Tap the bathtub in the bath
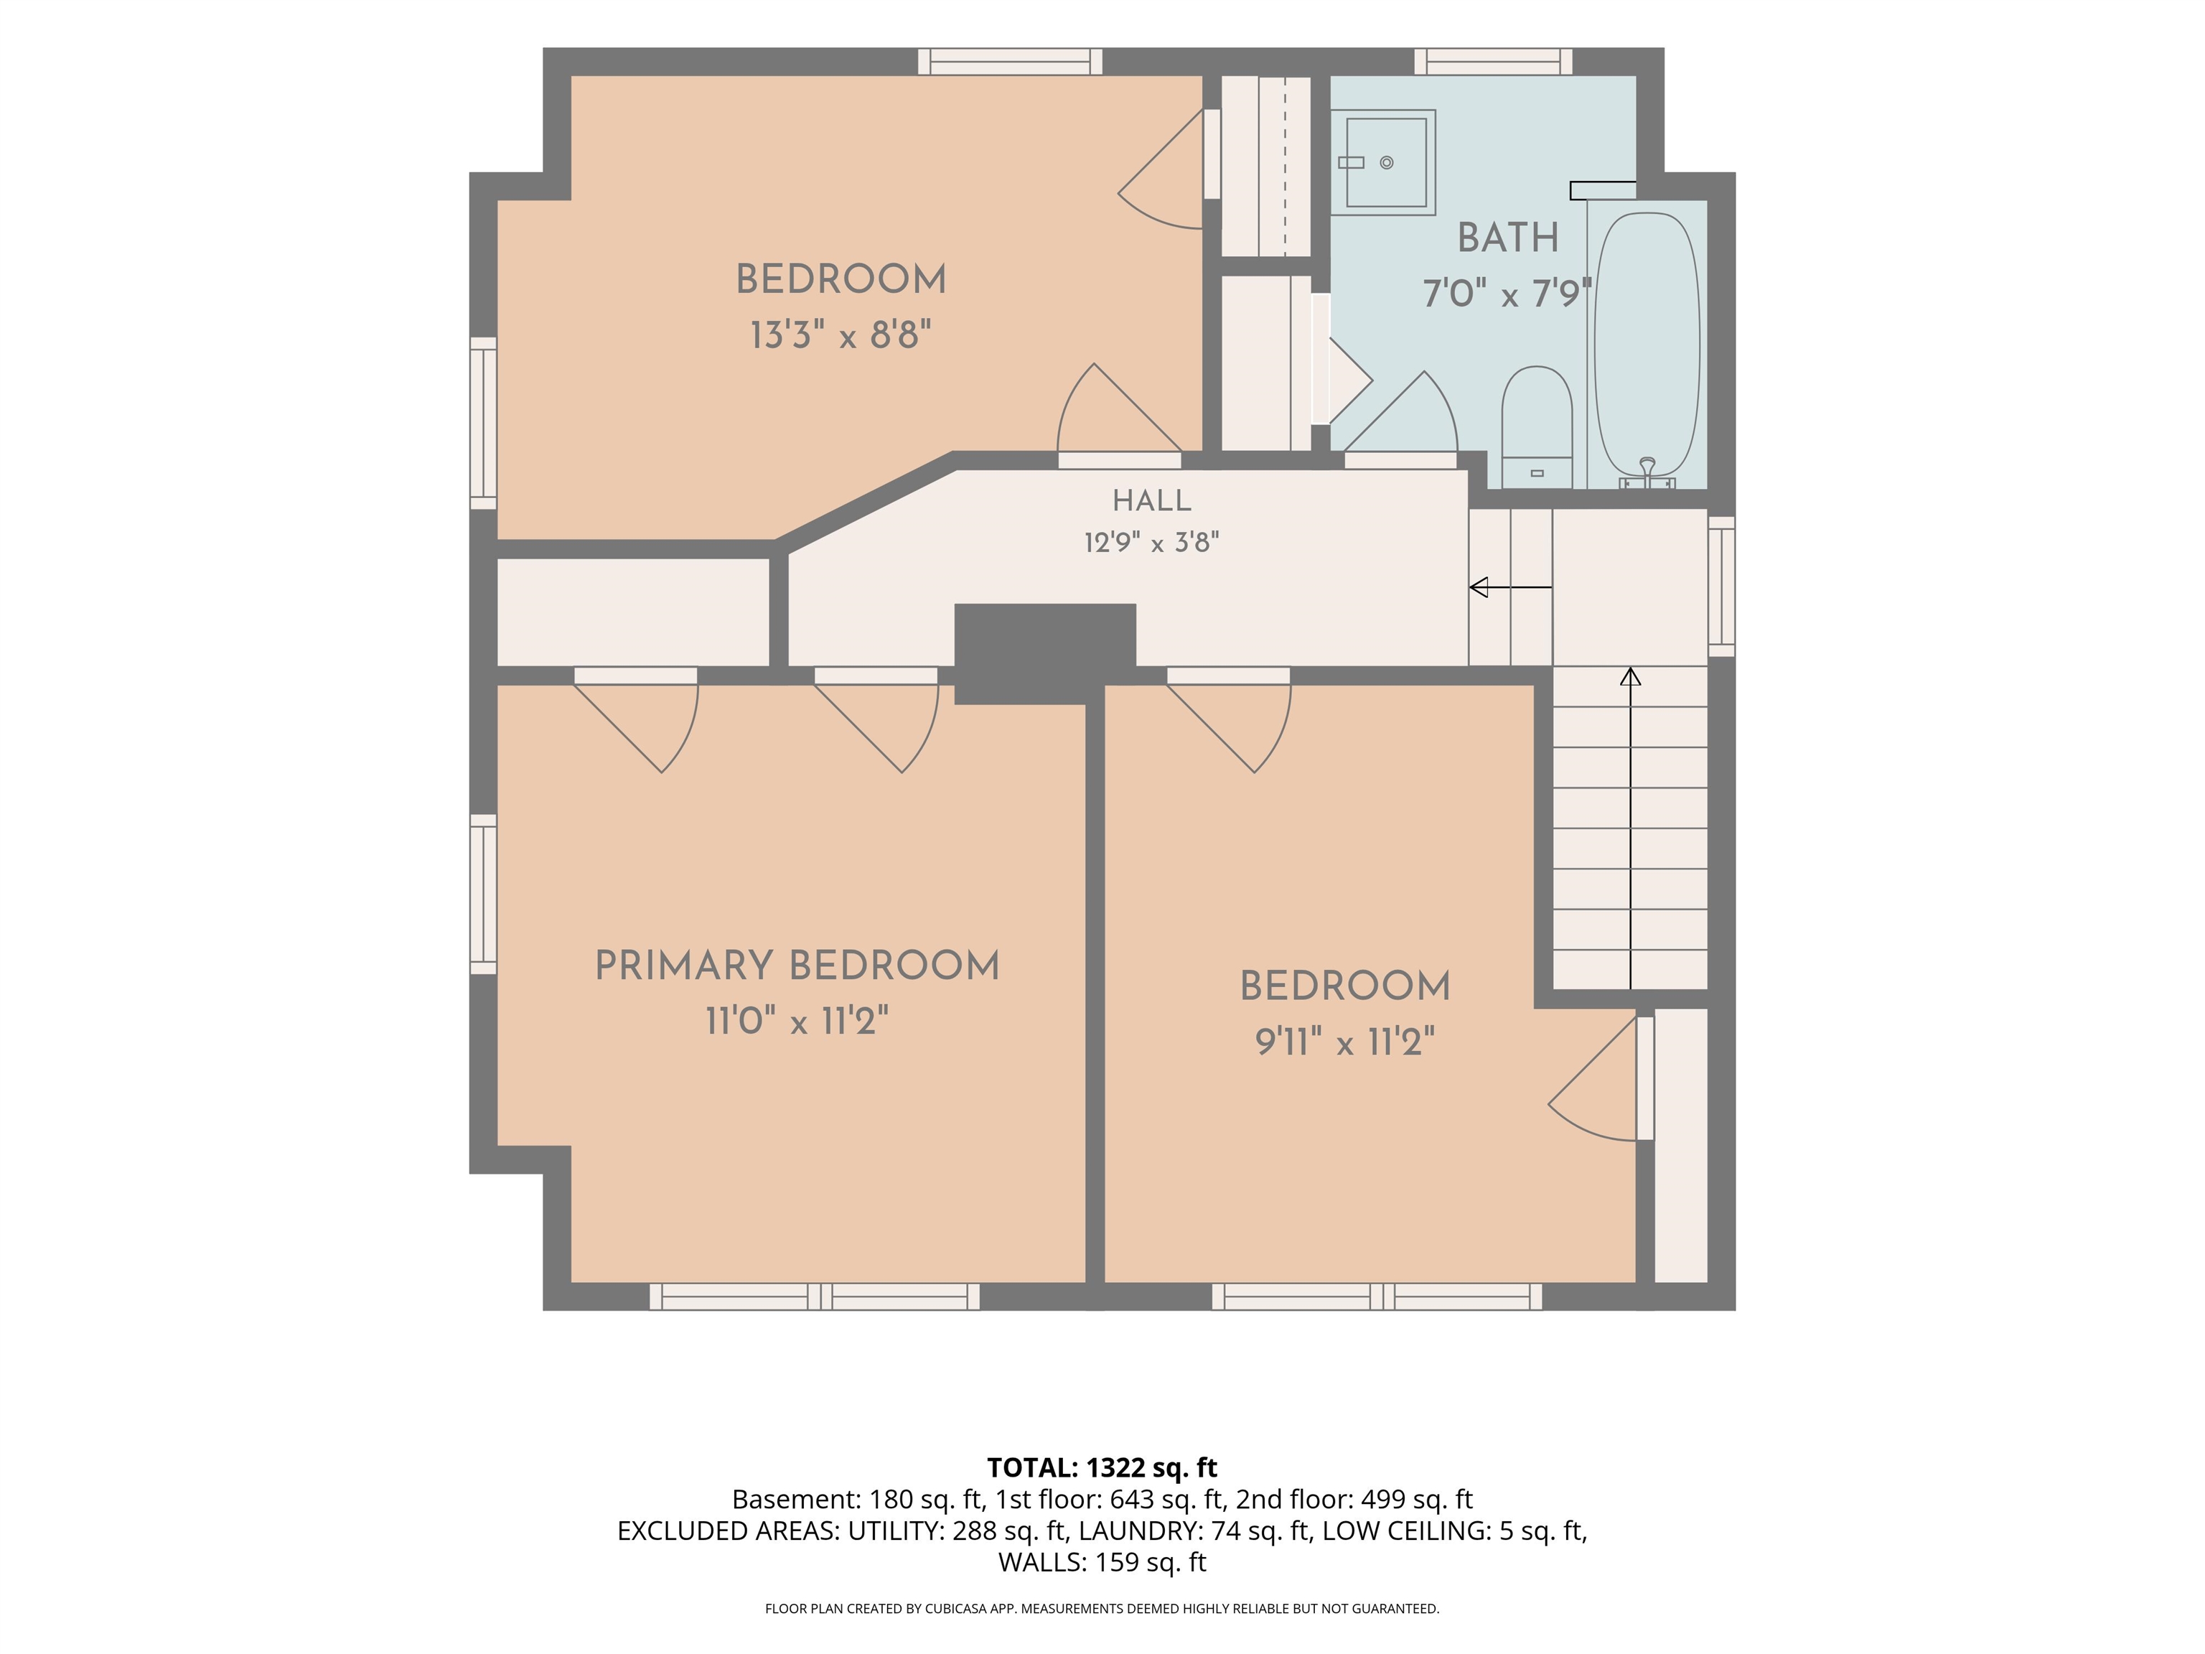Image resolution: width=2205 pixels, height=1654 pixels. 1647,345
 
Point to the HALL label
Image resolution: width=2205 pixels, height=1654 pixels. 1151,500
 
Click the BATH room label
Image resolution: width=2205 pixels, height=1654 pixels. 1508,238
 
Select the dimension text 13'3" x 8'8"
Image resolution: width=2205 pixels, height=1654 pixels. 841,335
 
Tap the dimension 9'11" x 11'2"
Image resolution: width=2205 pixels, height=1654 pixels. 1344,1042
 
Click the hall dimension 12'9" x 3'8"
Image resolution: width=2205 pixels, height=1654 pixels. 1151,543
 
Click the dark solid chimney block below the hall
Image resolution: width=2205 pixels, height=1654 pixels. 1044,653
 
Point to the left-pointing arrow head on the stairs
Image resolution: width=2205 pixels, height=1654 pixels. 1479,587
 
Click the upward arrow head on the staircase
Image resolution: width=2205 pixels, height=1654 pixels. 1630,676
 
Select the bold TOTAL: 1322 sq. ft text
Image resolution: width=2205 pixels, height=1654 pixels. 1102,1467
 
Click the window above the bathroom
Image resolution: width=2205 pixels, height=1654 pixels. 1493,62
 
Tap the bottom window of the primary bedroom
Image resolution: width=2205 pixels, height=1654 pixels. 815,1296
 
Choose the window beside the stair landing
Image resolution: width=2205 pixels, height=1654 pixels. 1721,587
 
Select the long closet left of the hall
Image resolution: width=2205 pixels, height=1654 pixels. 633,612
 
